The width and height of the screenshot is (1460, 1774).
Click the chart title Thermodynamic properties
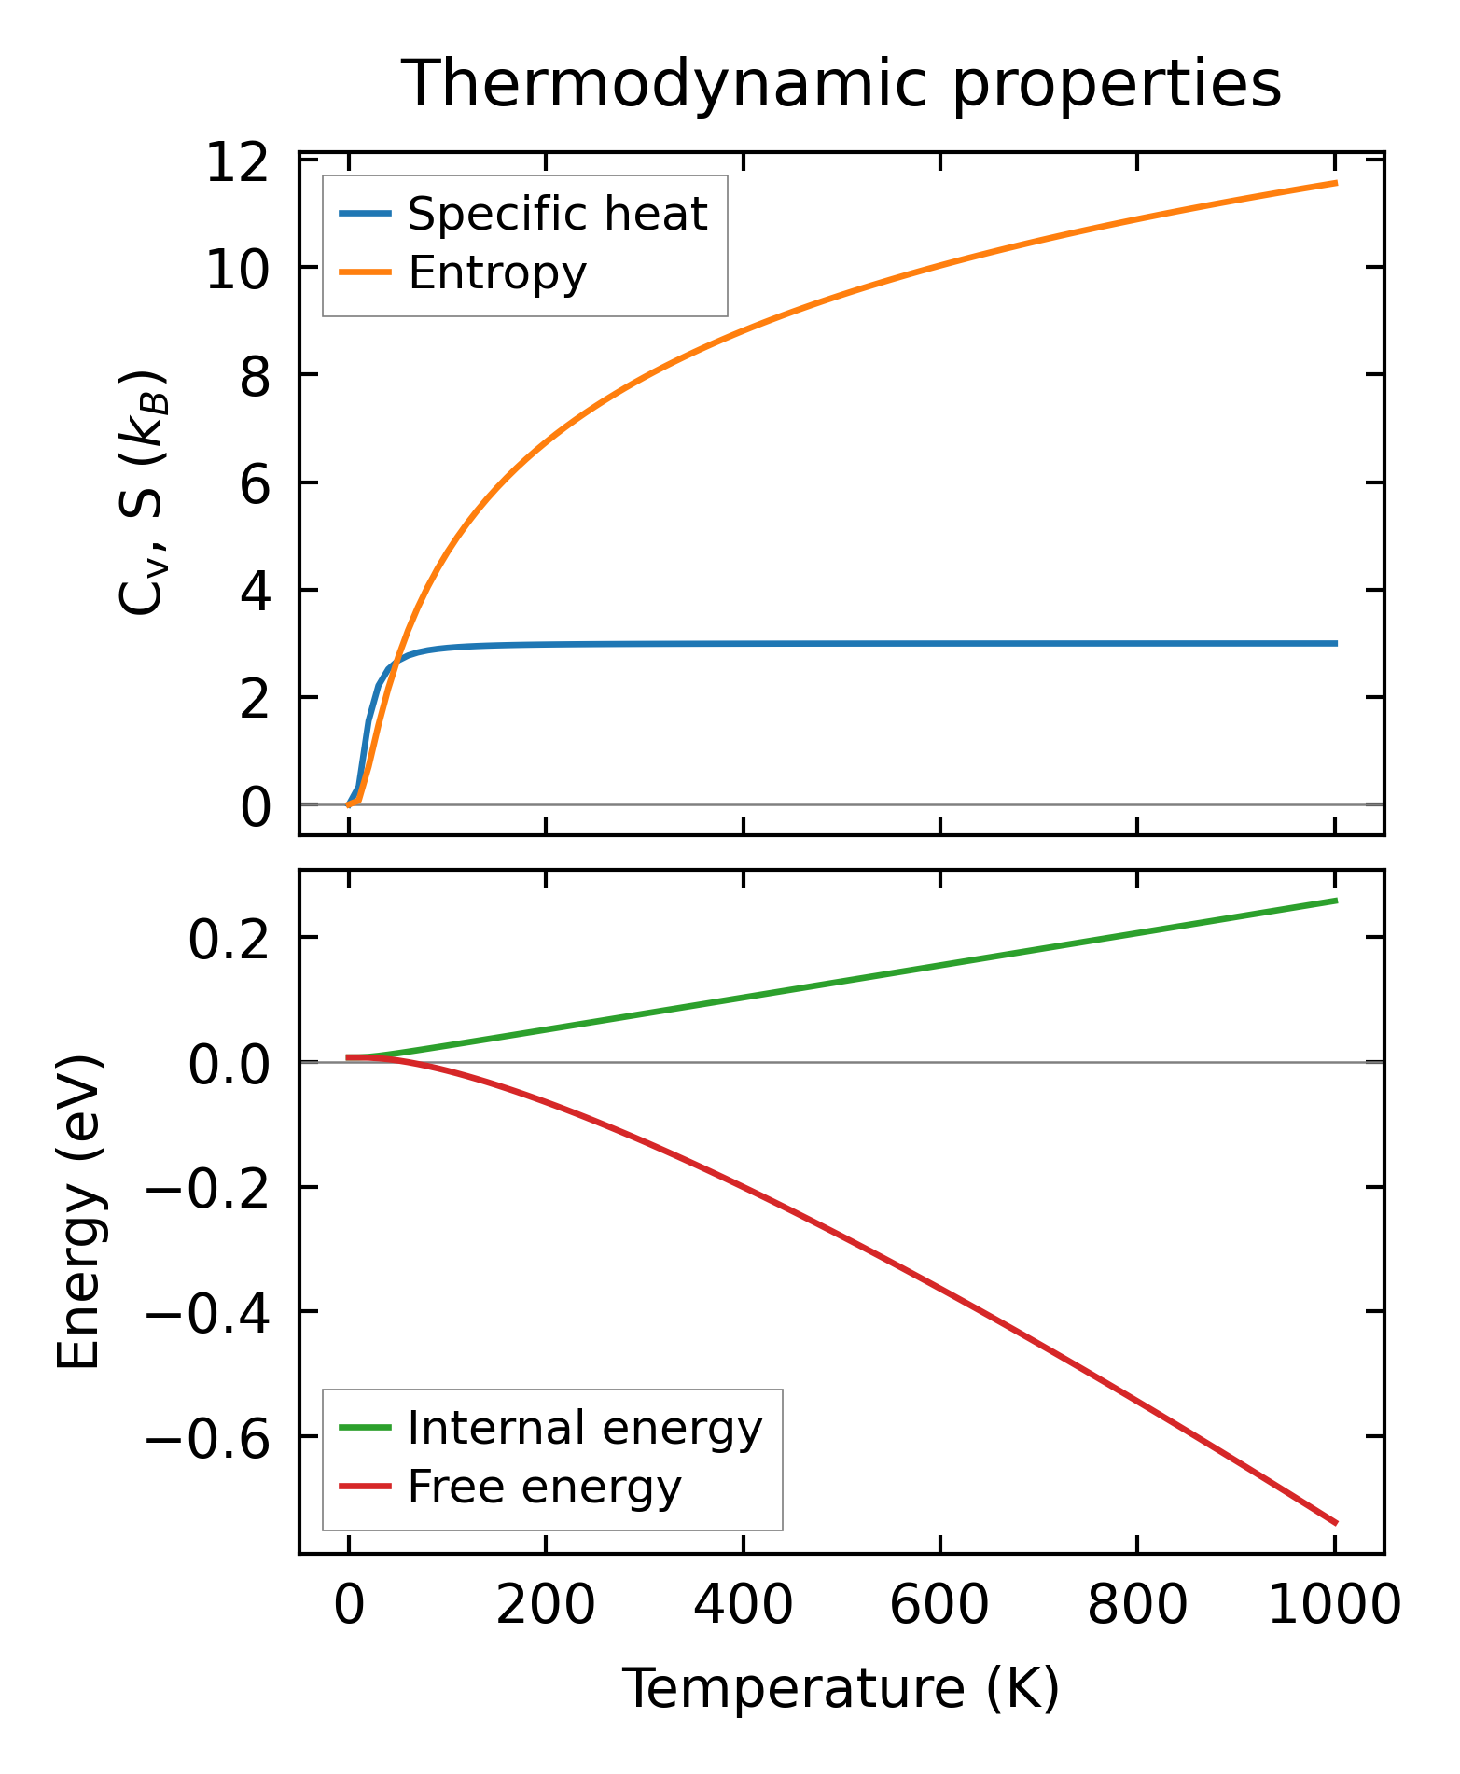[841, 84]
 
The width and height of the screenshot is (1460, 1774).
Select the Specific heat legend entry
[557, 214]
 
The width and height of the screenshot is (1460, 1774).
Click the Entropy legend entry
[496, 273]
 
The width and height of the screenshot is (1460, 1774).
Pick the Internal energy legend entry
[584, 1428]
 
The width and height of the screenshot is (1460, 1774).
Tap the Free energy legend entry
[544, 1487]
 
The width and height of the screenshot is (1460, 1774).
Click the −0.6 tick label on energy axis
[205, 1438]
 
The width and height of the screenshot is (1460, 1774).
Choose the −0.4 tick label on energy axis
[205, 1314]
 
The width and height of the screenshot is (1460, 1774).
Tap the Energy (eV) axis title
[79, 1211]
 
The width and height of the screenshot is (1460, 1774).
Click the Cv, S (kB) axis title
[143, 493]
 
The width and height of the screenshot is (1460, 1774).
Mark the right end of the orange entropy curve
[1336, 183]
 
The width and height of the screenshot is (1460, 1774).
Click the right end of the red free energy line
[1336, 1523]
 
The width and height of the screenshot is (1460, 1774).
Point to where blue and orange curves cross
[397, 660]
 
